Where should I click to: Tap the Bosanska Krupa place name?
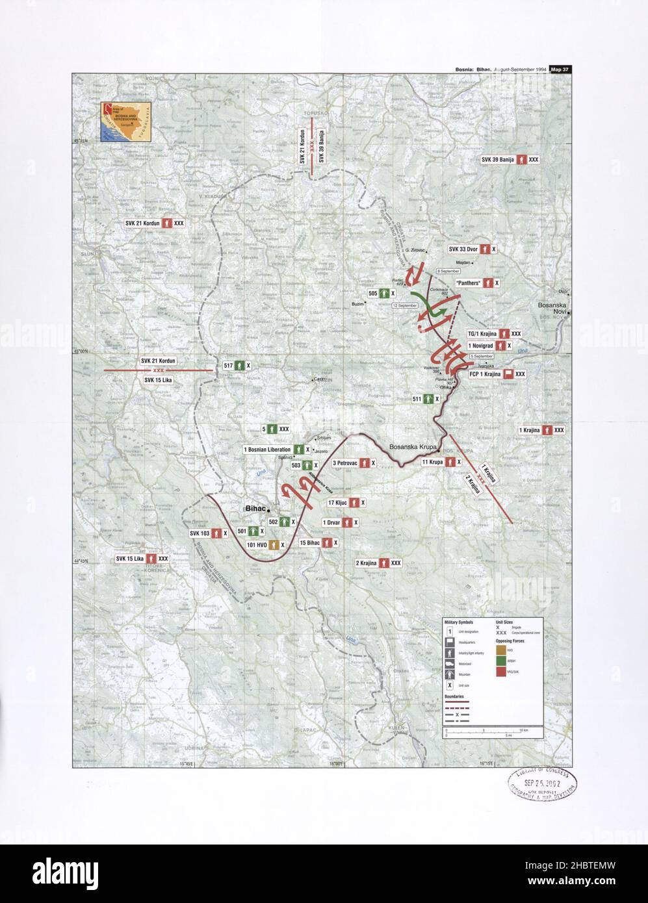[x=413, y=447]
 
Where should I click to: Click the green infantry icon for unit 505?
[x=385, y=294]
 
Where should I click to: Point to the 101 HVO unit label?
[x=257, y=544]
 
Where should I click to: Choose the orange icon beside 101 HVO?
[x=274, y=544]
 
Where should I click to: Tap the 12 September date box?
[x=404, y=305]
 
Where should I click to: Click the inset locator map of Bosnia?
[x=125, y=121]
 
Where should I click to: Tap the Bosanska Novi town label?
[x=552, y=308]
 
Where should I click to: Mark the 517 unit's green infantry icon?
[x=239, y=366]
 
